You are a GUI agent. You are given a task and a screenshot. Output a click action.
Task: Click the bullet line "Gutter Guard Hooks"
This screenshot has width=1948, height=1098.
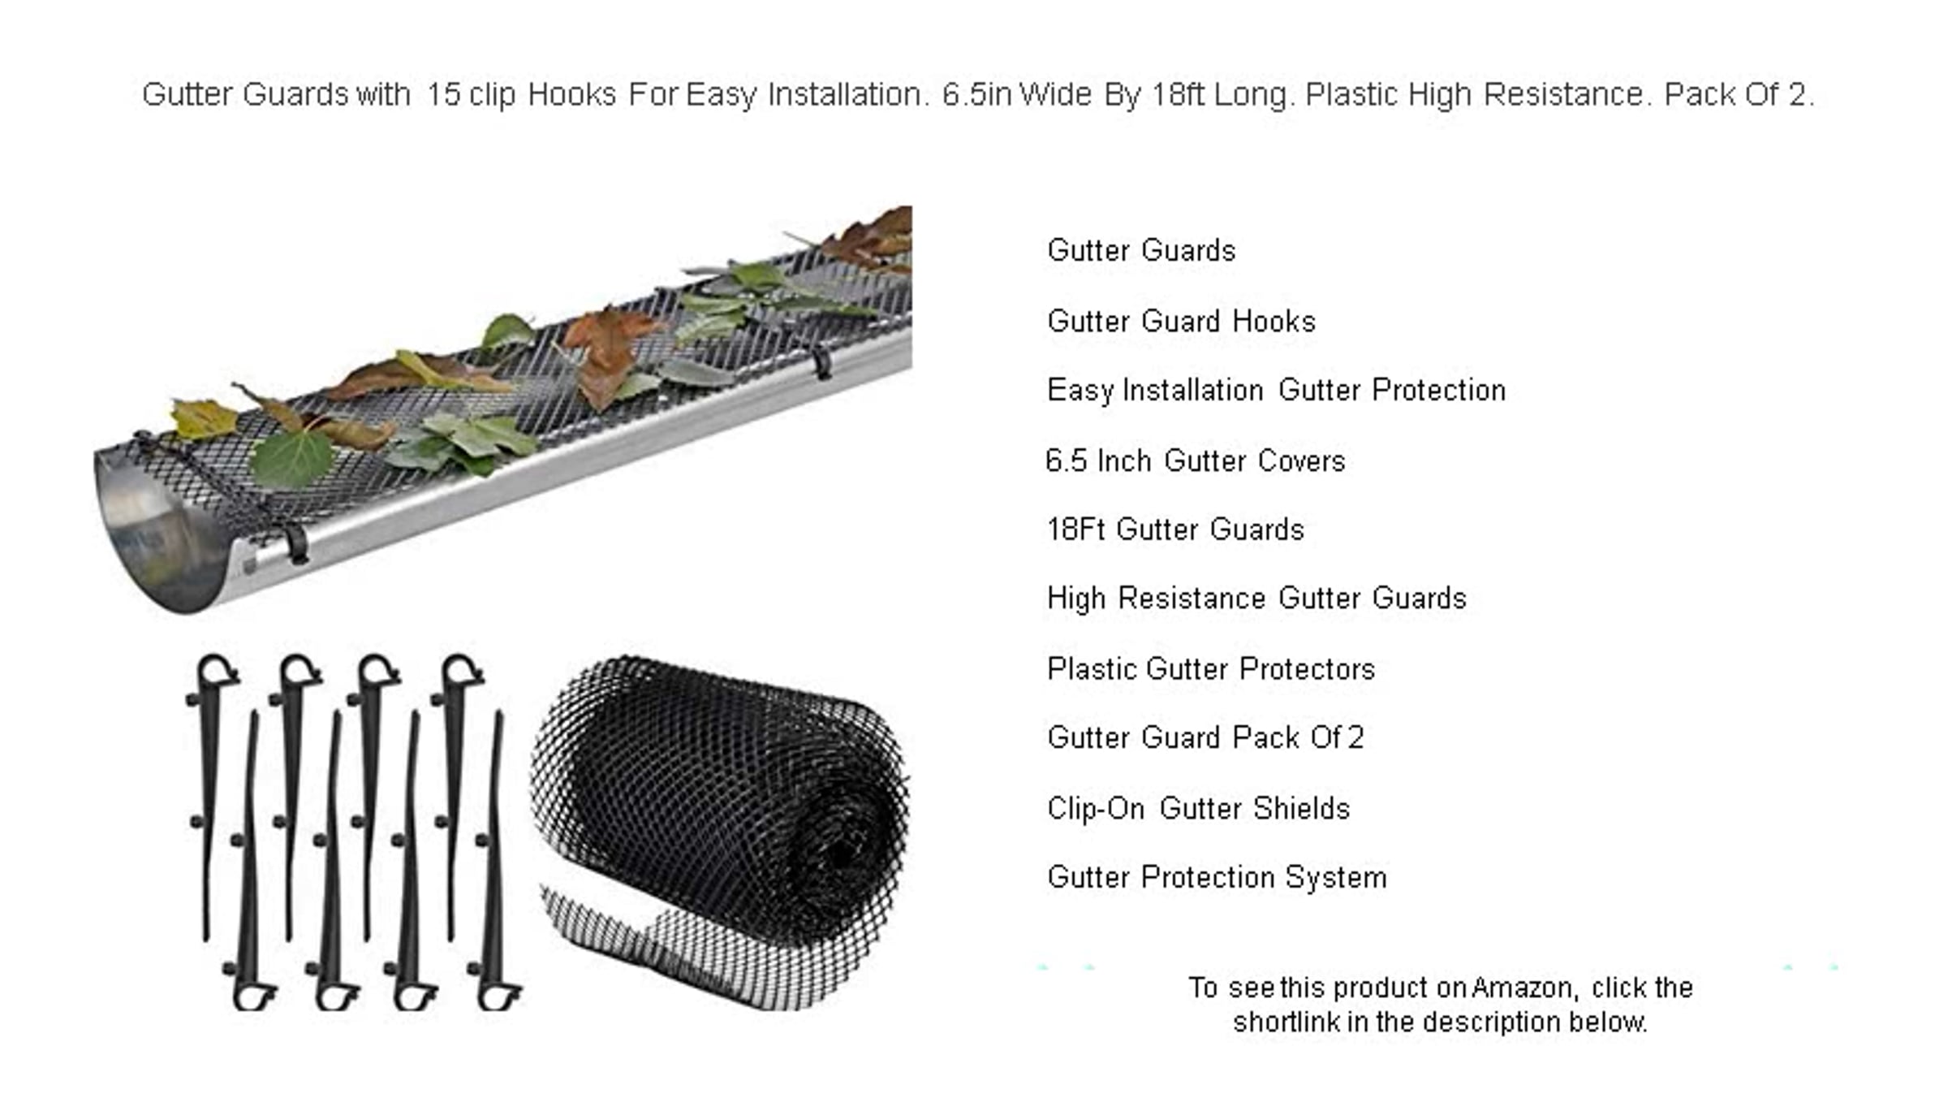[x=1181, y=322]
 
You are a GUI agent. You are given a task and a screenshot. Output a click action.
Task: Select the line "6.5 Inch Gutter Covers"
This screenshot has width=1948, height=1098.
[x=1195, y=461]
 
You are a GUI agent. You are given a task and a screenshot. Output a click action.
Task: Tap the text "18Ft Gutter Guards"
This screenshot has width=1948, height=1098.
[x=1175, y=530]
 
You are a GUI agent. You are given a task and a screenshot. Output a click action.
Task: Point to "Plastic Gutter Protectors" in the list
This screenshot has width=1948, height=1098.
[x=1211, y=669]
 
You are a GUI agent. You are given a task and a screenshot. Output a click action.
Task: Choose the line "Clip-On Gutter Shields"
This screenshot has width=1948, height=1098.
[x=1198, y=809]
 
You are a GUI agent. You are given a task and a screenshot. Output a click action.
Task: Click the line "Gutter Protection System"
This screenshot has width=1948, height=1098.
[x=1217, y=878]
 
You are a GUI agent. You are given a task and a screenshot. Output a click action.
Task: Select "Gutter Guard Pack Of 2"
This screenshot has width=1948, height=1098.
[x=1205, y=737]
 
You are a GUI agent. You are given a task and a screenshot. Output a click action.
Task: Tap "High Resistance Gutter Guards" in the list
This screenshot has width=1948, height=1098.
[x=1256, y=599]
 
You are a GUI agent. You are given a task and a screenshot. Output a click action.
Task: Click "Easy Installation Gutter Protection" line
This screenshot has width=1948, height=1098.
[x=1276, y=391]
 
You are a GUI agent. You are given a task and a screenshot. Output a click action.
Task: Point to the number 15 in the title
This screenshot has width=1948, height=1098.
[x=443, y=95]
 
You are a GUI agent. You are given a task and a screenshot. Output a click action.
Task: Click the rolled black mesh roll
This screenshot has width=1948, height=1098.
[x=721, y=832]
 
